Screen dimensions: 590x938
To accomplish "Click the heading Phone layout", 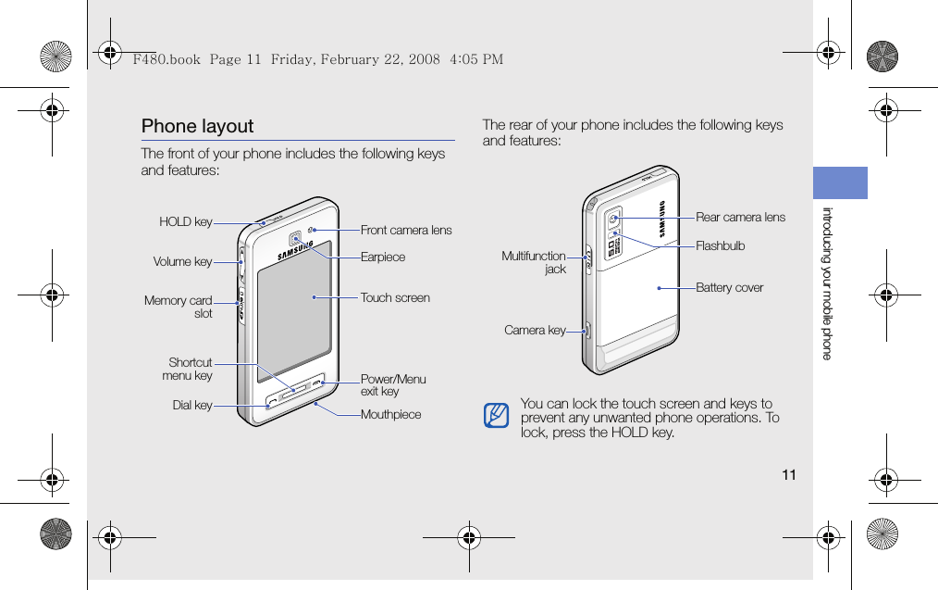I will [197, 126].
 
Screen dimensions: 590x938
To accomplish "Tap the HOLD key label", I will [185, 222].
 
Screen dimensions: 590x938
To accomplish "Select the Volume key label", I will [182, 262].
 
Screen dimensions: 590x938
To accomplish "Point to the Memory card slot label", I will [179, 307].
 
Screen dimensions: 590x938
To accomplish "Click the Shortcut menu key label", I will [188, 369].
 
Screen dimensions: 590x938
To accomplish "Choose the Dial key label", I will [191, 406].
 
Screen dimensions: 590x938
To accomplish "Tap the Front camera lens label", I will [406, 230].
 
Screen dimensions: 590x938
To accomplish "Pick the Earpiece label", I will [383, 257].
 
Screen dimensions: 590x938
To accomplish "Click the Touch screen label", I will [395, 297].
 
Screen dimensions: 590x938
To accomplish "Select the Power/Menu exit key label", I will [393, 384].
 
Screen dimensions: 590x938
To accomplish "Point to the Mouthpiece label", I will [390, 414].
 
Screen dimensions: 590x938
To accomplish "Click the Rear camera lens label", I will [740, 217].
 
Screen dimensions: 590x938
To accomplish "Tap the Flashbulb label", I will [720, 245].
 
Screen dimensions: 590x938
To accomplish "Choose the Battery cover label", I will [729, 287].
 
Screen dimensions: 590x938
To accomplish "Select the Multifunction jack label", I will [534, 262].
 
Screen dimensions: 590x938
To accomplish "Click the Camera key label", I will [535, 330].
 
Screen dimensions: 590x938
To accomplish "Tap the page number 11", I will [788, 475].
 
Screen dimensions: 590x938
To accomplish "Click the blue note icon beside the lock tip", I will [496, 416].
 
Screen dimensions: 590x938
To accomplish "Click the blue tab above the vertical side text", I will [840, 182].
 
